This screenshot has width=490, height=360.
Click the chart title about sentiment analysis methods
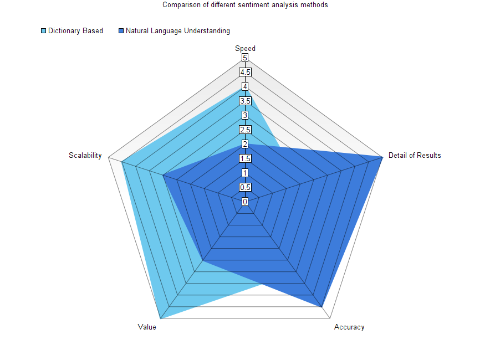tap(245, 5)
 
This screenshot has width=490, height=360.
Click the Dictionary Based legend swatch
tap(44, 31)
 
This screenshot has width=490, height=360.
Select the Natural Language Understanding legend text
tap(177, 31)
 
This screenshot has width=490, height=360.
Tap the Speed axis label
tap(245, 49)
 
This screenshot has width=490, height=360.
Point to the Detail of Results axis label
tap(415, 155)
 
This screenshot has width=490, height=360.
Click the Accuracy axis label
tap(349, 327)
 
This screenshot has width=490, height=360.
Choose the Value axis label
tap(147, 327)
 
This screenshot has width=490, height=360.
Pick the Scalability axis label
tap(85, 155)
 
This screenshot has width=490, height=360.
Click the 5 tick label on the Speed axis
tap(245, 58)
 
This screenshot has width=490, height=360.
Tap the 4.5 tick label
tap(245, 72)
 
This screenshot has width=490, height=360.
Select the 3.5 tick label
tap(245, 101)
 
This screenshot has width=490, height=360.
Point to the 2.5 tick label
tap(245, 130)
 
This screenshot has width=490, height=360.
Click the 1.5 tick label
tap(245, 158)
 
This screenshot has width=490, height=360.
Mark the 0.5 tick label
tap(245, 187)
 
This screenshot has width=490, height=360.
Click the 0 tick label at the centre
tap(245, 202)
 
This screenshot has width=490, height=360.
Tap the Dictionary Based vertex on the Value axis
tap(160, 318)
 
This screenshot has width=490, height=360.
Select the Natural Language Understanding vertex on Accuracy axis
tap(321, 306)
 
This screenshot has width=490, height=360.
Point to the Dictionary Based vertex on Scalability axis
tap(121, 162)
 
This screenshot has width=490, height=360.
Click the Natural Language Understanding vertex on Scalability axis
tap(163, 175)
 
